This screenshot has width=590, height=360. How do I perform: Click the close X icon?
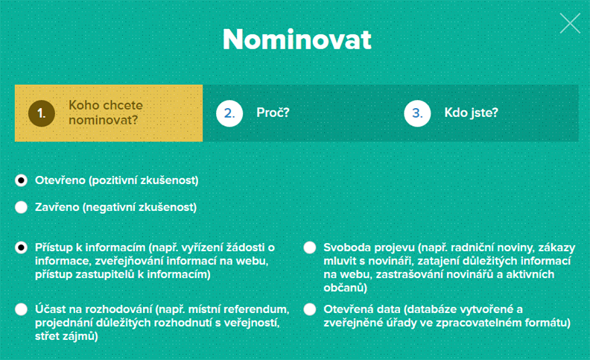pyautogui.click(x=570, y=23)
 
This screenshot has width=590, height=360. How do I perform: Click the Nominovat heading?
pyautogui.click(x=297, y=40)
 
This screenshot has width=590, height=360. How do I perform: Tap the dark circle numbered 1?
pyautogui.click(x=42, y=113)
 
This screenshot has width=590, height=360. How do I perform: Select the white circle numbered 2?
pyautogui.click(x=229, y=113)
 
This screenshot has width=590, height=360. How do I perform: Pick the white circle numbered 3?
pyautogui.click(x=417, y=113)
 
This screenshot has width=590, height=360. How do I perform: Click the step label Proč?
pyautogui.click(x=273, y=113)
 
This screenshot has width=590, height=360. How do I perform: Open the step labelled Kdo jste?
pyautogui.click(x=471, y=113)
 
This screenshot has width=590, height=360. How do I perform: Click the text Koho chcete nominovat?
pyautogui.click(x=105, y=113)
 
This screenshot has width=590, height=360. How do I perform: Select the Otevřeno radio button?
pyautogui.click(x=21, y=181)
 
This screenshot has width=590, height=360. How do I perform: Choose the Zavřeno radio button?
pyautogui.click(x=21, y=207)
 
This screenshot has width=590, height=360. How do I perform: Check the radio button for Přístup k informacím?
pyautogui.click(x=21, y=247)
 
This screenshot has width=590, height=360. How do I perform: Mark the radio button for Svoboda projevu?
pyautogui.click(x=310, y=247)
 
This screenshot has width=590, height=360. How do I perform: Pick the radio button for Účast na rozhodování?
pyautogui.click(x=21, y=309)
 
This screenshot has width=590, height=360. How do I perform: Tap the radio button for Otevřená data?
pyautogui.click(x=310, y=309)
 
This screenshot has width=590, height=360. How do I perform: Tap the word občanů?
pyautogui.click(x=345, y=288)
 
